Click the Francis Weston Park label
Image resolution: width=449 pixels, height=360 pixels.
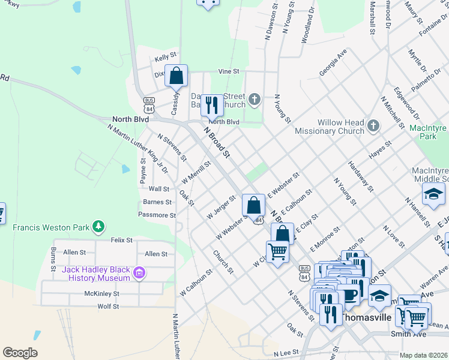(51, 227)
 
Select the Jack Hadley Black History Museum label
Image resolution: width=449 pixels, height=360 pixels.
(96, 274)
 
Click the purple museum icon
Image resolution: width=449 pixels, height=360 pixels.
(139, 274)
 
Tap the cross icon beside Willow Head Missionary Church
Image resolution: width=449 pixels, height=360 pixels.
(373, 125)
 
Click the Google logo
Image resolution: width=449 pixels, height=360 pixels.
(20, 352)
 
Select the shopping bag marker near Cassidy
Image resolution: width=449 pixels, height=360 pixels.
(176, 76)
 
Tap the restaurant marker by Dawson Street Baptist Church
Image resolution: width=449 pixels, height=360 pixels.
(211, 106)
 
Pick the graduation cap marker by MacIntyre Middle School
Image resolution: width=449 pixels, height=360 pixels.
(433, 195)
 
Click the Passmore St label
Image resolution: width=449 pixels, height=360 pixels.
(157, 215)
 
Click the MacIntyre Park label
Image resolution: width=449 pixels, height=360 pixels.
(429, 132)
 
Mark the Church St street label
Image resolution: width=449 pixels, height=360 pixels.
(223, 262)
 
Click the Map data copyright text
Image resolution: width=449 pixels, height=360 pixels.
(423, 355)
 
